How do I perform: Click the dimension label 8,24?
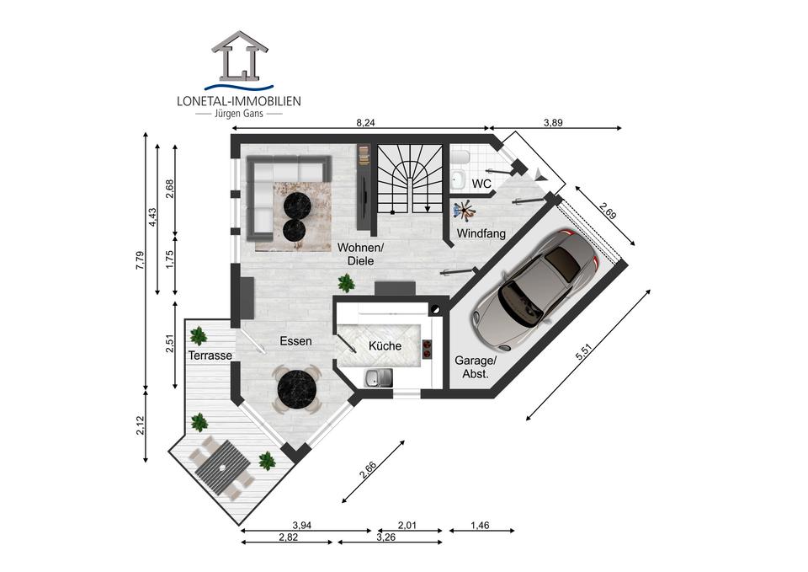[x=365, y=123]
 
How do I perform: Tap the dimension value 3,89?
[x=554, y=123]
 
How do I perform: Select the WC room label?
[x=481, y=184]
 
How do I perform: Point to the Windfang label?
[x=481, y=233]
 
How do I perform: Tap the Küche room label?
[x=385, y=345]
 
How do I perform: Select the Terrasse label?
[x=210, y=355]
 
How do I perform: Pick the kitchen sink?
[x=378, y=378]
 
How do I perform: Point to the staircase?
[x=410, y=179]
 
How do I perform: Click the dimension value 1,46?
[x=480, y=526]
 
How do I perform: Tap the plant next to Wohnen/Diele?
[x=346, y=283]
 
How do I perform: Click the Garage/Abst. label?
[x=475, y=367]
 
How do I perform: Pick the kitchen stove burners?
[x=428, y=349]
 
